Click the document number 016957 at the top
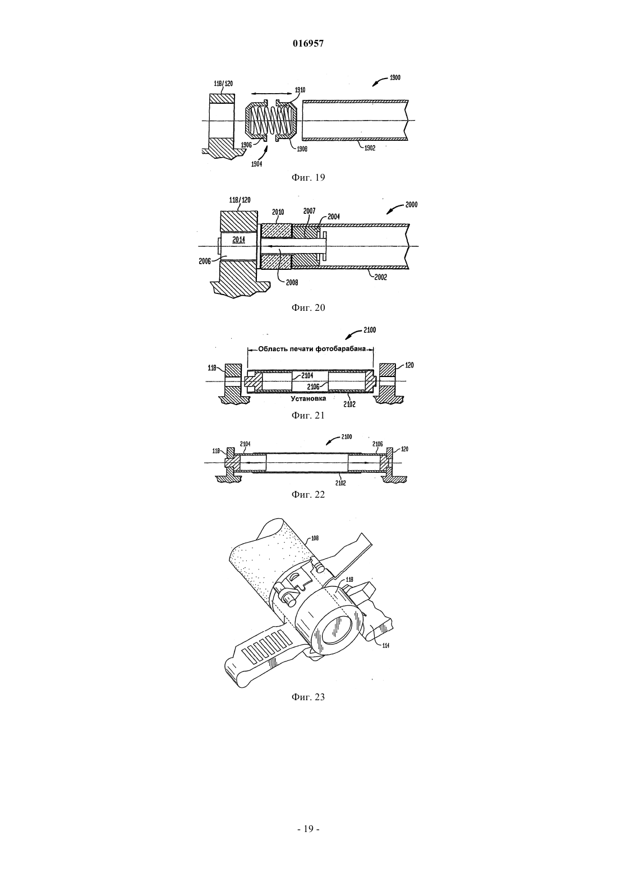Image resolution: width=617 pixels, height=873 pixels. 308,44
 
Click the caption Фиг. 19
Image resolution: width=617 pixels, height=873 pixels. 308,178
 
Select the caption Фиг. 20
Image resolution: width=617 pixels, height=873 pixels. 308,308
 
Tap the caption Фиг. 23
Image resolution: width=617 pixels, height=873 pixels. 308,697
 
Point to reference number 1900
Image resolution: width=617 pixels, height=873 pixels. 394,77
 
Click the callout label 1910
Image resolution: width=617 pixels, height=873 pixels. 300,90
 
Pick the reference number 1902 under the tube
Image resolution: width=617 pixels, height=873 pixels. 370,148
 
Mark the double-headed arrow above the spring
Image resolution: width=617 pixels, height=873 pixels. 271,94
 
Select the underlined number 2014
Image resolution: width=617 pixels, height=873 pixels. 238,240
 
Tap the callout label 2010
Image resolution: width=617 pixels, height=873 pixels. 278,212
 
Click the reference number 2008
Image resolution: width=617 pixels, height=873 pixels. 292,283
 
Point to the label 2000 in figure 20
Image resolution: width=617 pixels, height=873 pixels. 411,205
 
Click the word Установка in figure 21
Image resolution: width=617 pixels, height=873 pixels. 308,399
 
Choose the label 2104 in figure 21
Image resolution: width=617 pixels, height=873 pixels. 307,375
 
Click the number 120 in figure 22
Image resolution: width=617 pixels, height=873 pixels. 405,449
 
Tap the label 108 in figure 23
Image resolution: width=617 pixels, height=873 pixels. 315,539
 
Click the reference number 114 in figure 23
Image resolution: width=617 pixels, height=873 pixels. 386,645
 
